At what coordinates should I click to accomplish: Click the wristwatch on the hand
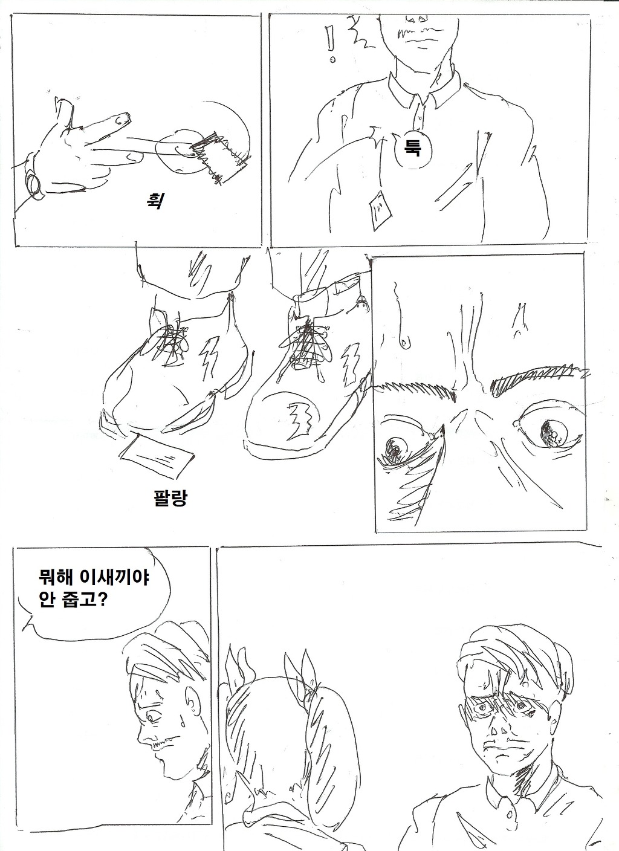(x=33, y=181)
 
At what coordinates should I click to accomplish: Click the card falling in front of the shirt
(x=378, y=210)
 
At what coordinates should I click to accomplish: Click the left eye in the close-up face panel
(x=397, y=450)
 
